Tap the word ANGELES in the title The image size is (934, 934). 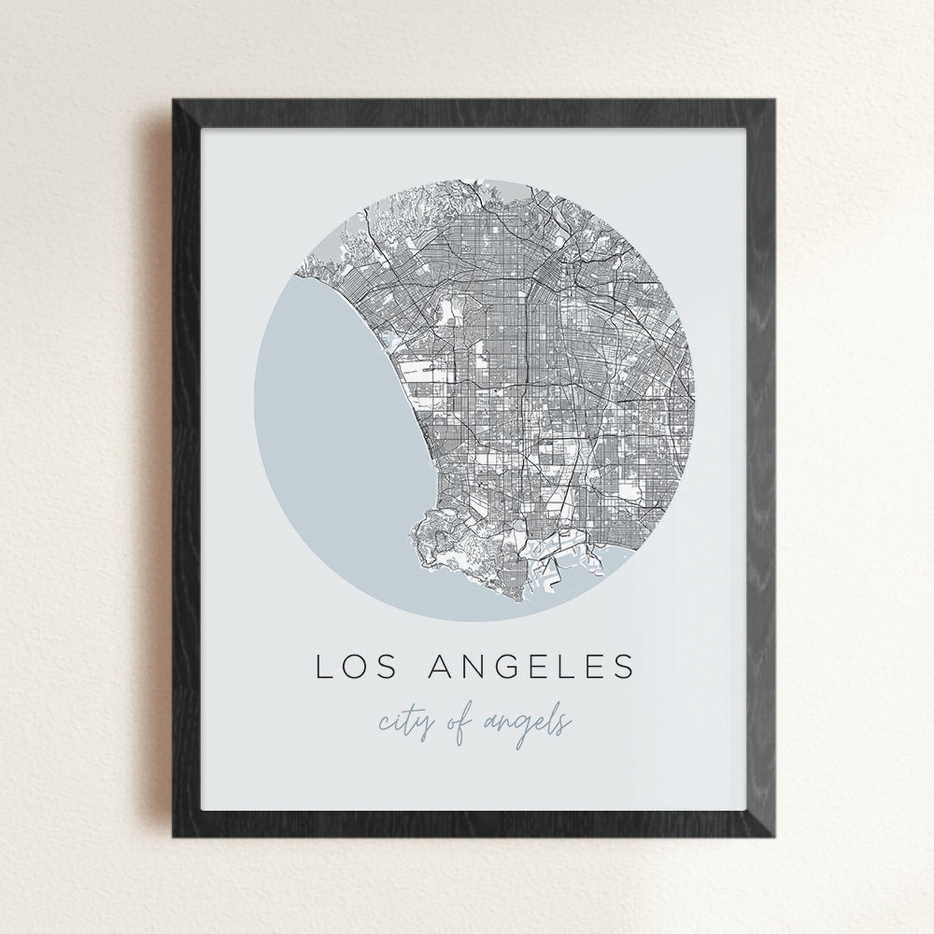[531, 667]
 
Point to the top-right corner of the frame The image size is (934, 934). [776, 100]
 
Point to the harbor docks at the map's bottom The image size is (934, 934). [551, 565]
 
